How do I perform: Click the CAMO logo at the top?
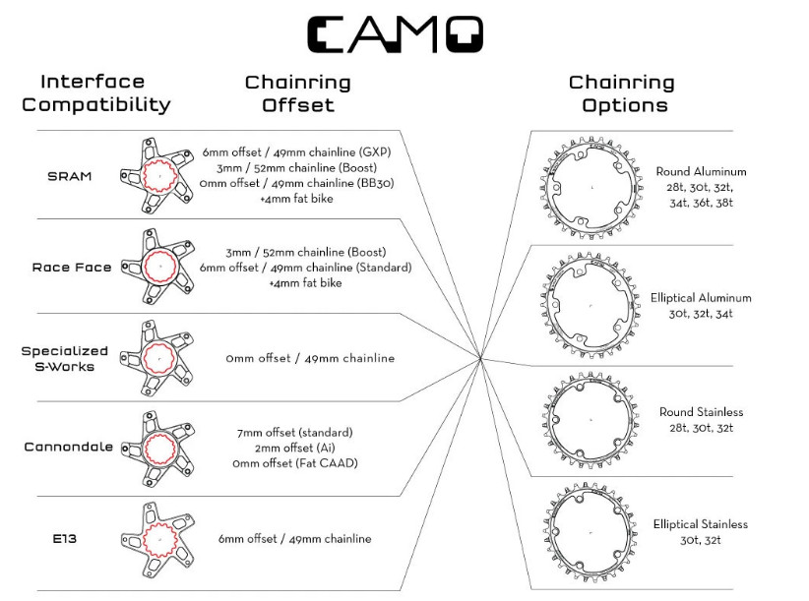pos(395,34)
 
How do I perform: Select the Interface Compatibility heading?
pos(94,93)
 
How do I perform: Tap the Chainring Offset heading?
pos(297,93)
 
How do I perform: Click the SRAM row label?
pos(69,177)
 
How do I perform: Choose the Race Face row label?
pos(72,268)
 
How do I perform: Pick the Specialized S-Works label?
pos(65,358)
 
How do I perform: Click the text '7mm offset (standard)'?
pos(294,433)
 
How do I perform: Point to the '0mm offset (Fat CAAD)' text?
pos(294,463)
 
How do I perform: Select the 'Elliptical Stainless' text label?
pos(700,524)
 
